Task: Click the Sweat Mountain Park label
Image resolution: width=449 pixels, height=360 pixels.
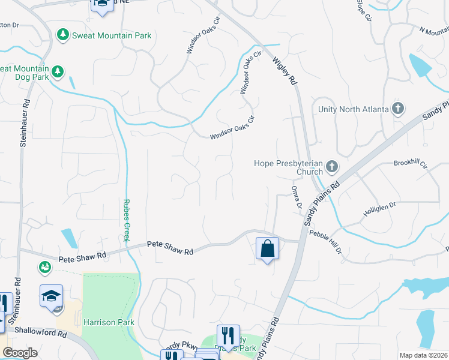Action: click(x=112, y=35)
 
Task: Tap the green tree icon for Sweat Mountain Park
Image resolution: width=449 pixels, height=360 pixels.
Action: click(x=62, y=35)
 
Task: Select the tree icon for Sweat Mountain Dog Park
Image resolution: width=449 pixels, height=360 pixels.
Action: click(x=57, y=72)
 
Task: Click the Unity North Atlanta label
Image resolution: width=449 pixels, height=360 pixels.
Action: click(x=352, y=109)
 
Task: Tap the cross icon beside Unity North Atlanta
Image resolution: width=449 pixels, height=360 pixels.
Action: click(x=397, y=109)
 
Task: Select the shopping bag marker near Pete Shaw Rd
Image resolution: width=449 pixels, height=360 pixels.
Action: click(x=267, y=248)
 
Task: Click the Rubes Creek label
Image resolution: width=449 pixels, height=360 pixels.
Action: click(x=127, y=220)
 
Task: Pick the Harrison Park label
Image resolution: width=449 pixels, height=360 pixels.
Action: click(x=109, y=322)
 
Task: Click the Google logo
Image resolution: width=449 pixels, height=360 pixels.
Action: click(x=19, y=353)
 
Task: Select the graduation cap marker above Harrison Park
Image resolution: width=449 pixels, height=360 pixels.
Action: click(x=52, y=295)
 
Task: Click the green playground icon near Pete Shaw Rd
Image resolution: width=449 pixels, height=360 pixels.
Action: click(x=44, y=267)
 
